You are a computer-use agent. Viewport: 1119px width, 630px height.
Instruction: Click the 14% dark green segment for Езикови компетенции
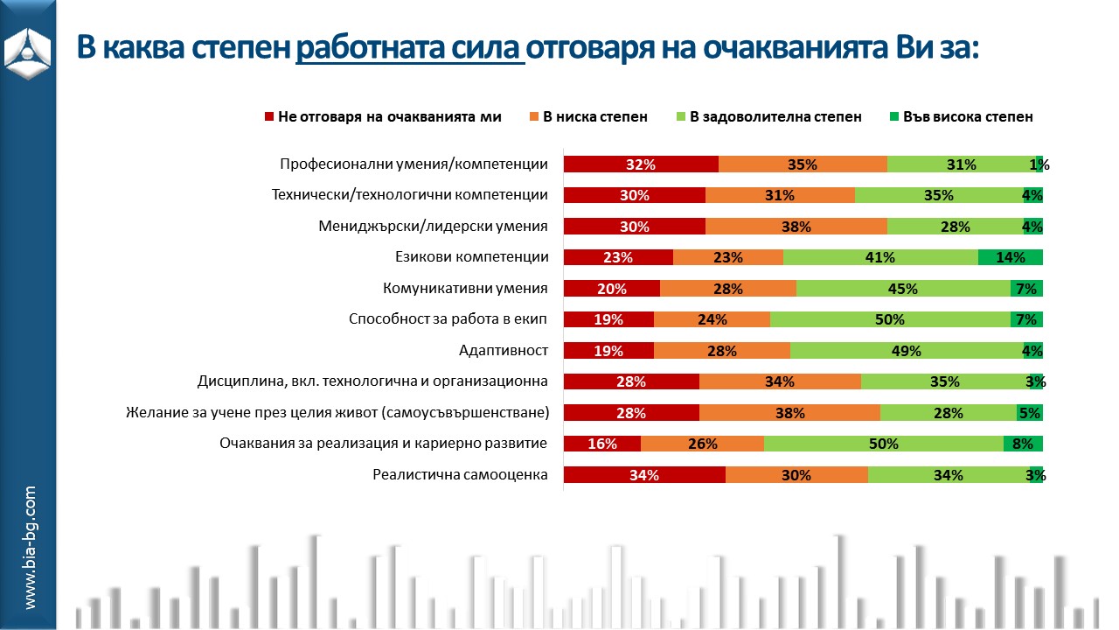pos(1010,257)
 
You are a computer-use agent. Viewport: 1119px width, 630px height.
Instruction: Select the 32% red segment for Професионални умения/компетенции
pos(641,164)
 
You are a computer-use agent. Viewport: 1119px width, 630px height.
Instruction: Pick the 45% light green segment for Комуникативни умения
pos(903,289)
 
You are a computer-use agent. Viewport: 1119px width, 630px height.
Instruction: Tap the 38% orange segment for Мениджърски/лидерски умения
pos(796,227)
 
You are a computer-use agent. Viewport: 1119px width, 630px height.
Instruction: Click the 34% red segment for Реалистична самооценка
pos(644,475)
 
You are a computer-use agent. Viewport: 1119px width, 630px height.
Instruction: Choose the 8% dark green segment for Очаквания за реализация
pos(1023,444)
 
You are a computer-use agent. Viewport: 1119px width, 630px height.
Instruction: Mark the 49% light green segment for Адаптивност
pos(907,351)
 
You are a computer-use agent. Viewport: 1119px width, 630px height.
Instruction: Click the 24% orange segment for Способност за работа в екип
pos(712,319)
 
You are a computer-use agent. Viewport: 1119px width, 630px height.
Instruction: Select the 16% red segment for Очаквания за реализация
pos(602,444)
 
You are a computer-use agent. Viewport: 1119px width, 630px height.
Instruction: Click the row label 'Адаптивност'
pos(504,351)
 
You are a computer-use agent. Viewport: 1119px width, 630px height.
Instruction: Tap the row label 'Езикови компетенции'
pos(472,257)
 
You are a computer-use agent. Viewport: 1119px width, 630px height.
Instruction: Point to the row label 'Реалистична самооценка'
pos(460,475)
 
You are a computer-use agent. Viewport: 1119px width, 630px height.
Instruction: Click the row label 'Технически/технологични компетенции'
pos(410,195)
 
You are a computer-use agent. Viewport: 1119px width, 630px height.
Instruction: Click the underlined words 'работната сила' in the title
pos(409,47)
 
